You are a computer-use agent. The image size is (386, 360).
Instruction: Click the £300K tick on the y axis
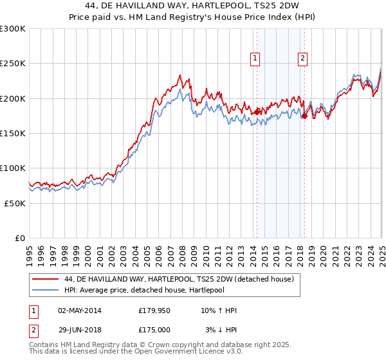click(12, 29)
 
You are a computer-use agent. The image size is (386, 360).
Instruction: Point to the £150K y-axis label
click(12, 133)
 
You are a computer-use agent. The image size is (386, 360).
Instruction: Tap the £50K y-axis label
click(14, 203)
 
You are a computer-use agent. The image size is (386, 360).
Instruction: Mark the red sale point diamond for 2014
click(257, 112)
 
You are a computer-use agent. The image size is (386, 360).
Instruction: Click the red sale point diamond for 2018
click(305, 116)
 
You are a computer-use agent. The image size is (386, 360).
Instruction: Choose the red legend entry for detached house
click(179, 279)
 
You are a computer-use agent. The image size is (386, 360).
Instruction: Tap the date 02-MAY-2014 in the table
click(80, 310)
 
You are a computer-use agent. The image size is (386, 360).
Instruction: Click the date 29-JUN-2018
click(79, 329)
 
